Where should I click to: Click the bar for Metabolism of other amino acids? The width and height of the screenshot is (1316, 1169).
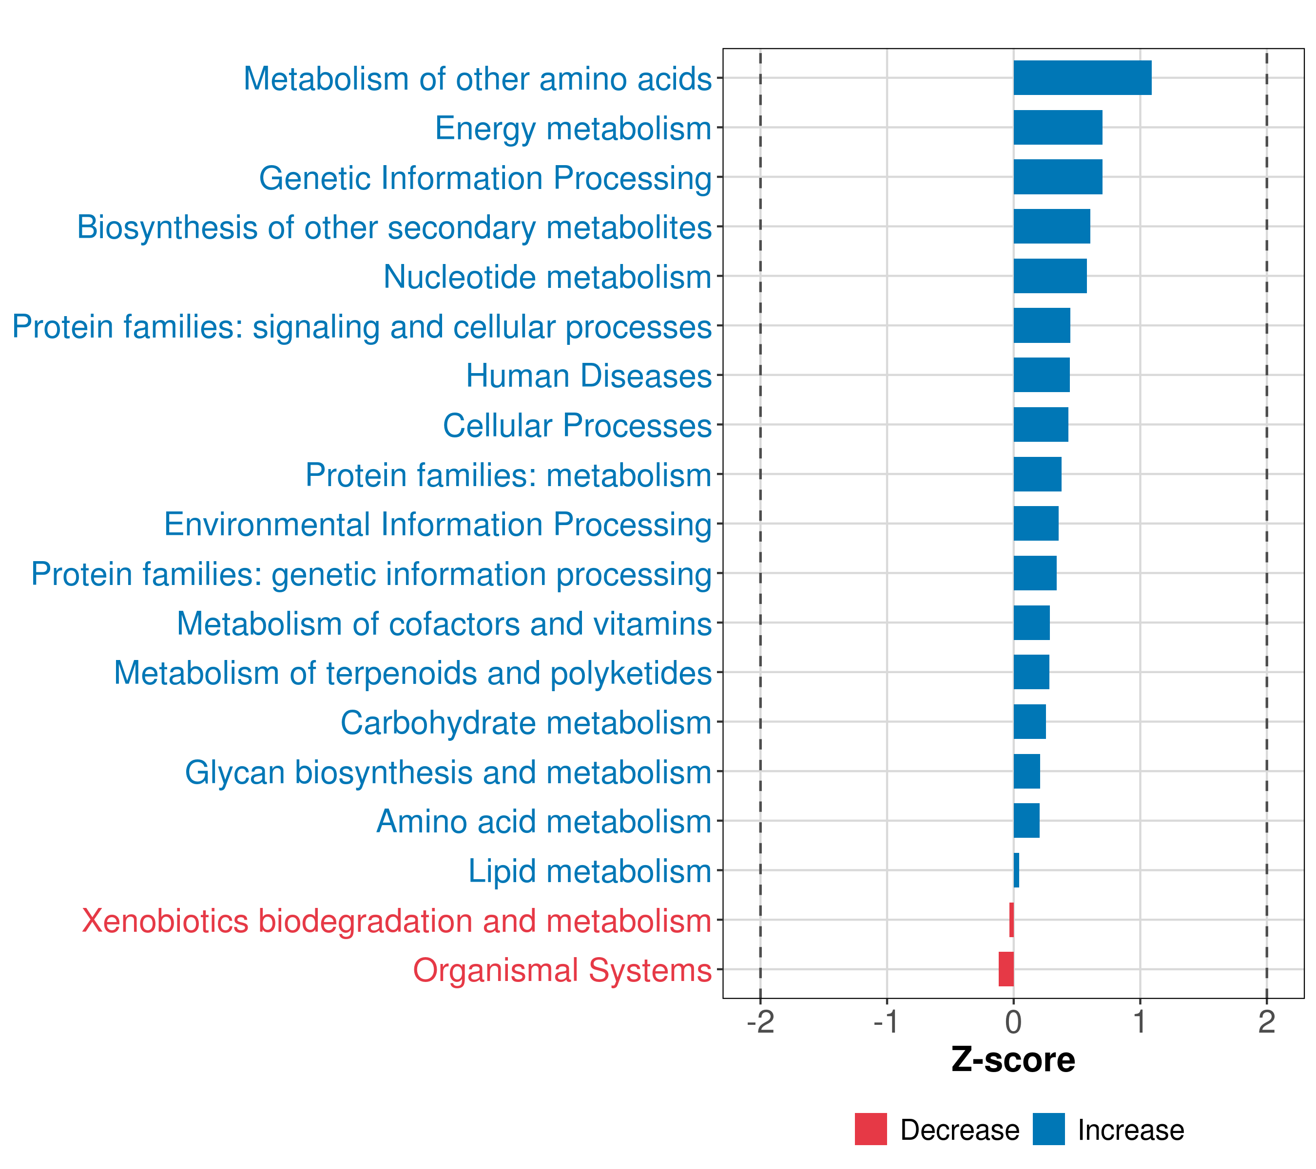pyautogui.click(x=1082, y=78)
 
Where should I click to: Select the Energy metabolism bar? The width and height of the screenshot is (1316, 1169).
pyautogui.click(x=1057, y=128)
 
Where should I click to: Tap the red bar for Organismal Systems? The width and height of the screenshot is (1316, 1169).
pyautogui.click(x=1006, y=969)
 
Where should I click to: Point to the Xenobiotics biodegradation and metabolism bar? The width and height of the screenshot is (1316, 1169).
pyautogui.click(x=1011, y=920)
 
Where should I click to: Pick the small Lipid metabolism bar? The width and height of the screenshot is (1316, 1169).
pyautogui.click(x=1016, y=870)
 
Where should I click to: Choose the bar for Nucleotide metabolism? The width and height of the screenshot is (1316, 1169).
pyautogui.click(x=1049, y=276)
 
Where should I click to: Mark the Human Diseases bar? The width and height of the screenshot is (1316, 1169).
pyautogui.click(x=1041, y=375)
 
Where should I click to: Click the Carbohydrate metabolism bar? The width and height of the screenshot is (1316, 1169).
pyautogui.click(x=1029, y=722)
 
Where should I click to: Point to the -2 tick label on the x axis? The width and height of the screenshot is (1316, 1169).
pyautogui.click(x=760, y=1022)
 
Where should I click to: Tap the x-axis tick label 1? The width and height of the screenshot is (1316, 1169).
pyautogui.click(x=1140, y=1022)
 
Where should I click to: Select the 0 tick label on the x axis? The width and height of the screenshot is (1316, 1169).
pyautogui.click(x=1013, y=1022)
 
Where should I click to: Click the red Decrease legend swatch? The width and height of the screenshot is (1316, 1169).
pyautogui.click(x=871, y=1129)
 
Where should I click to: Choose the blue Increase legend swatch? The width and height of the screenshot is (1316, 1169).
pyautogui.click(x=1048, y=1129)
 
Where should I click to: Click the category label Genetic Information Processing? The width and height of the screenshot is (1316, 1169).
pyautogui.click(x=485, y=178)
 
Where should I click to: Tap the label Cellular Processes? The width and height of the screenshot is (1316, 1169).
pyautogui.click(x=577, y=426)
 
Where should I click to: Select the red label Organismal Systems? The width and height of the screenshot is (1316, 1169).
pyautogui.click(x=562, y=970)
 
